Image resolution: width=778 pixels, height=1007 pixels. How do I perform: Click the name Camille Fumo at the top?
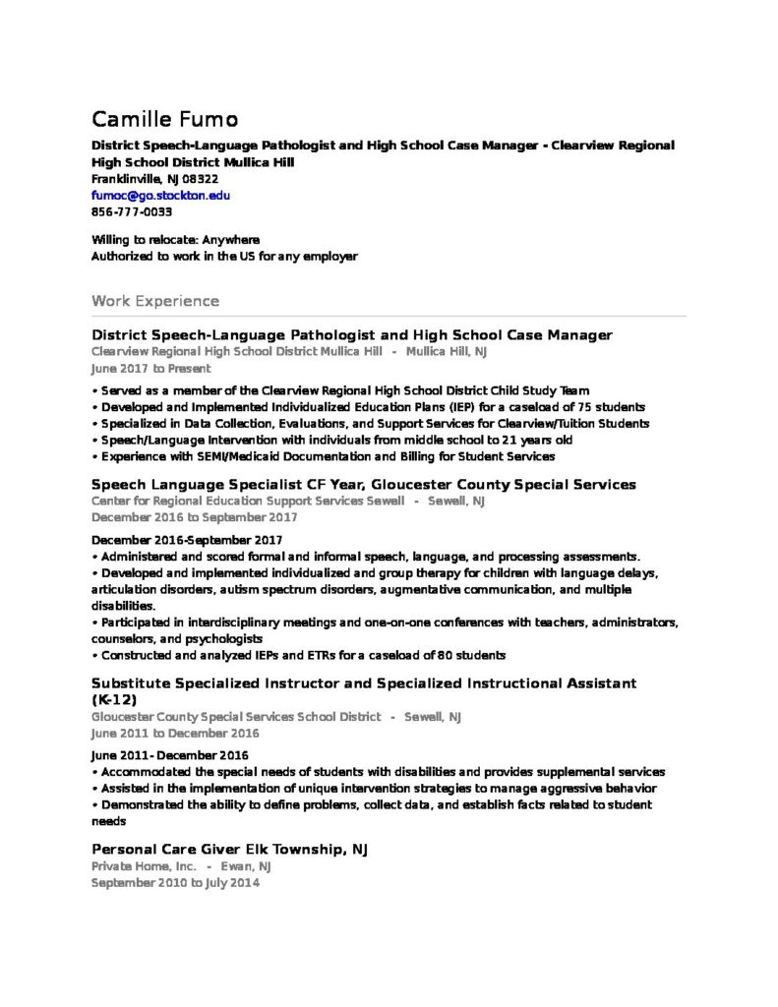(164, 120)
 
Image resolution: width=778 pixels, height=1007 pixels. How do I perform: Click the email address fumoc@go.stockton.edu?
(160, 196)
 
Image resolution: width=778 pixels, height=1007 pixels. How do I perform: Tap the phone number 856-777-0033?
(132, 212)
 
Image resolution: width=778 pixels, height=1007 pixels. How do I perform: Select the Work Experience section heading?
(155, 300)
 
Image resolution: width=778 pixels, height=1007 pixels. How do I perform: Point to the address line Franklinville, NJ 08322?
(154, 179)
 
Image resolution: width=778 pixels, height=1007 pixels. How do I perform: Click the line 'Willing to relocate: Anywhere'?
(175, 240)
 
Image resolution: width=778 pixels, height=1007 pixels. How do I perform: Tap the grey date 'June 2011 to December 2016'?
(175, 734)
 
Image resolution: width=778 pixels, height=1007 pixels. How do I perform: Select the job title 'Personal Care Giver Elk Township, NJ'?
(229, 849)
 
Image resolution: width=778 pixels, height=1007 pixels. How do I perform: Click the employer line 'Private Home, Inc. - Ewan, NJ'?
(181, 866)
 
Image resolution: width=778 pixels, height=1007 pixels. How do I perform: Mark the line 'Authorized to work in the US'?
(224, 257)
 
